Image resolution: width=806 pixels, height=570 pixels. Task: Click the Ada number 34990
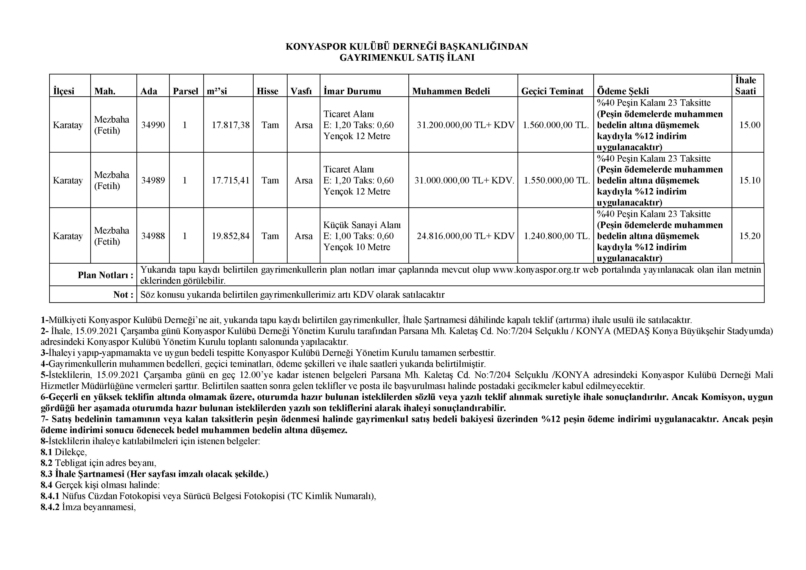153,125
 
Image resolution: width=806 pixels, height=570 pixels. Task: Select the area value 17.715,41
230,180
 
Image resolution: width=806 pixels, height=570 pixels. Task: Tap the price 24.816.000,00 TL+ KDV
465,236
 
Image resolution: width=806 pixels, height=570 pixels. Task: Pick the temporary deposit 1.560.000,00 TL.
555,125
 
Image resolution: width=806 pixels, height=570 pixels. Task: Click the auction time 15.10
749,180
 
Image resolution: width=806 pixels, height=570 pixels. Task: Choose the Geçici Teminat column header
552,91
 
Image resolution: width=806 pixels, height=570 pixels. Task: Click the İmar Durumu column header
352,91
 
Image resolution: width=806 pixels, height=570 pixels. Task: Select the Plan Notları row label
105,275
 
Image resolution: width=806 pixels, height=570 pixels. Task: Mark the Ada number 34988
153,236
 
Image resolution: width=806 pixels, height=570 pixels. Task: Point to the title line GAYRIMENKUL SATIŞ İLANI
407,58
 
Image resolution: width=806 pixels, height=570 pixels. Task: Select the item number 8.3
46,474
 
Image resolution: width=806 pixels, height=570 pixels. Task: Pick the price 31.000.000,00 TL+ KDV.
464,180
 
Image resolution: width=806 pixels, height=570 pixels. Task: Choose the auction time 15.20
749,236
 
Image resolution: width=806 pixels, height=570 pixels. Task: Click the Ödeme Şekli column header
623,91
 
